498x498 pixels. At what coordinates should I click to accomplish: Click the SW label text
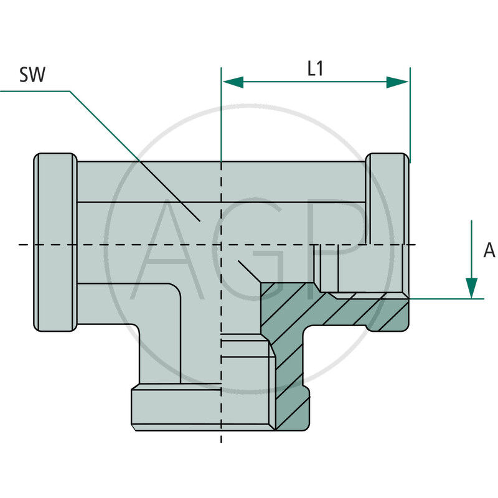[32, 75]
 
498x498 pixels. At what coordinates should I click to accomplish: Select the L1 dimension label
[316, 68]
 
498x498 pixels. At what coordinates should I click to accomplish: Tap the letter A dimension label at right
[489, 250]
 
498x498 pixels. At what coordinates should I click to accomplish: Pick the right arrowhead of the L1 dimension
[398, 82]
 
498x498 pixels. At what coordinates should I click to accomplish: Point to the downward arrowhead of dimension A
[472, 287]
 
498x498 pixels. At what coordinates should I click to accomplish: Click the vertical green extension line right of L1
[410, 112]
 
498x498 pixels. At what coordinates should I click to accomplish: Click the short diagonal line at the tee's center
[248, 271]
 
